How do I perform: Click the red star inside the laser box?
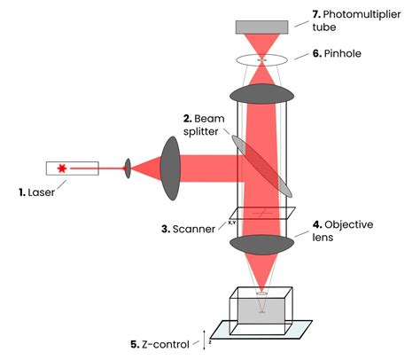[62, 168]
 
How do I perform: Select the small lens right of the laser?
[128, 168]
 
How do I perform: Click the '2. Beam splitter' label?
[202, 123]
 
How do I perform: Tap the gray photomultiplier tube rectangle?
[261, 27]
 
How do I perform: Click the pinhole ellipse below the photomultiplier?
[261, 59]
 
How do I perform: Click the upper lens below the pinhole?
[261, 93]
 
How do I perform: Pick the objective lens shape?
[261, 241]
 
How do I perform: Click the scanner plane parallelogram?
[261, 213]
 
